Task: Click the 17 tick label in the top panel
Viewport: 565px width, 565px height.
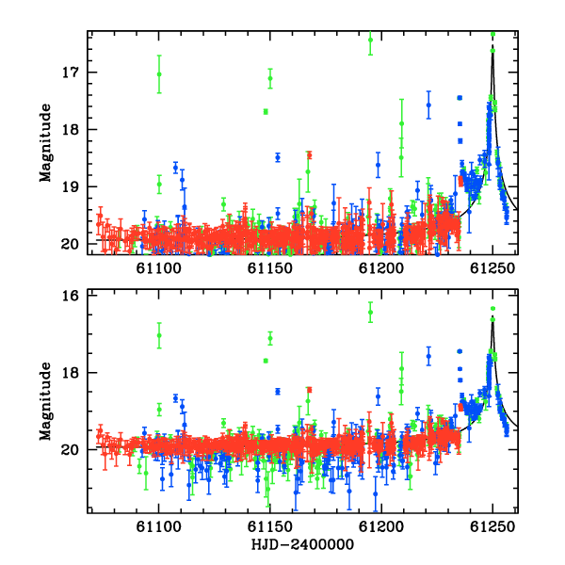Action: point(70,73)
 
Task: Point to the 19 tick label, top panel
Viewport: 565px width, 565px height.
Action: point(70,186)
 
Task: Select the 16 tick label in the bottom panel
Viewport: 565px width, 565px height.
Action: point(70,296)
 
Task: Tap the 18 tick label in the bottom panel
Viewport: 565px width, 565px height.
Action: point(70,373)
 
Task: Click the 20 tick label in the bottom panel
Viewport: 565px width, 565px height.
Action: point(70,450)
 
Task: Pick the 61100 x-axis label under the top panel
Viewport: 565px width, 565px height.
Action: point(158,268)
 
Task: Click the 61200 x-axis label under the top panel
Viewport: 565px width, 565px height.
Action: point(380,268)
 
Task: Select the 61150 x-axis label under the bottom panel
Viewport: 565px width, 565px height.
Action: point(270,526)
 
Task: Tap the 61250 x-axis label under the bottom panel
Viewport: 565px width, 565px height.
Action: point(492,526)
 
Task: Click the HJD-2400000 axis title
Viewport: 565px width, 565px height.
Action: point(302,544)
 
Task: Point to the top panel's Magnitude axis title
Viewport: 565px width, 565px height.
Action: point(46,143)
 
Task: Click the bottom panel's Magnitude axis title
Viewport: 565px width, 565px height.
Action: point(46,401)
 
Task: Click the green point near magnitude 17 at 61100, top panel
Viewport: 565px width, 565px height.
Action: point(159,74)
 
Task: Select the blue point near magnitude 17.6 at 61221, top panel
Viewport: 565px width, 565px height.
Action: point(428,105)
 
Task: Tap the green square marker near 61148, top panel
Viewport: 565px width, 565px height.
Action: point(266,112)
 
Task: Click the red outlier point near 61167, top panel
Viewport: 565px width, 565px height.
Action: point(309,155)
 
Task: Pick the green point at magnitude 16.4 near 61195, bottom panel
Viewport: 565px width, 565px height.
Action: point(370,312)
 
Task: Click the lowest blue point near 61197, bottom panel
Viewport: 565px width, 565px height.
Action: point(376,493)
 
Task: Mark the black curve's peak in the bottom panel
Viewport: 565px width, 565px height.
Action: point(492,316)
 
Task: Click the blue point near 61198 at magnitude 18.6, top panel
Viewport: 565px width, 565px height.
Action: point(378,165)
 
